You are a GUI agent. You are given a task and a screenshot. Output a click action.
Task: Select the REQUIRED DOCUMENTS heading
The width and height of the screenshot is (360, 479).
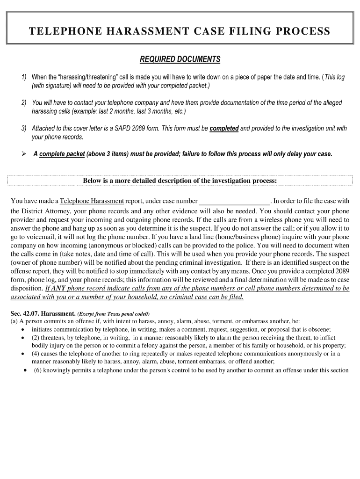click(180, 59)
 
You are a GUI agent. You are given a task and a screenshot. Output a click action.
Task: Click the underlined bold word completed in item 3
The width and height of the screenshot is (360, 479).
click(224, 129)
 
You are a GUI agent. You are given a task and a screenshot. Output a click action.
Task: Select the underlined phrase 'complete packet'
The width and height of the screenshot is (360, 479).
click(62, 154)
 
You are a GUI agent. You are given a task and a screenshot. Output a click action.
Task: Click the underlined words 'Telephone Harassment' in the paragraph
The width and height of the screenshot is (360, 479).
click(92, 201)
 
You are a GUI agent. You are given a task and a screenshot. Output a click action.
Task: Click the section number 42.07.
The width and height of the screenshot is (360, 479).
click(31, 313)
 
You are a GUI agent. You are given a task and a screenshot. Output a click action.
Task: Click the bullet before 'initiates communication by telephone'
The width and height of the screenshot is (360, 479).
click(23, 329)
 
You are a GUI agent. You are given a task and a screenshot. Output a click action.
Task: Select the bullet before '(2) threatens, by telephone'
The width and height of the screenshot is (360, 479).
click(23, 337)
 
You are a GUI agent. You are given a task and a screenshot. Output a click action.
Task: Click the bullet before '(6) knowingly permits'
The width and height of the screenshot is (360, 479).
click(24, 370)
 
